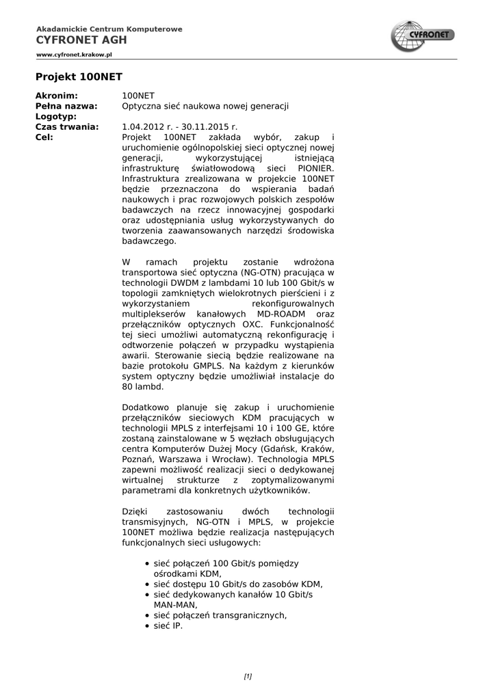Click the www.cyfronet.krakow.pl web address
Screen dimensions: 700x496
[74, 53]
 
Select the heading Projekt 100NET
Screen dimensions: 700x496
[79, 77]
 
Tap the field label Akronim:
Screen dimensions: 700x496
[57, 96]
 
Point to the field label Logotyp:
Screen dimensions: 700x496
[57, 116]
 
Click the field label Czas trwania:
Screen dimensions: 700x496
[68, 126]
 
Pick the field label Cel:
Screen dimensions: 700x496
[44, 137]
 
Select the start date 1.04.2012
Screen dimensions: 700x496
[144, 126]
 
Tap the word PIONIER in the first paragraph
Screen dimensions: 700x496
[314, 167]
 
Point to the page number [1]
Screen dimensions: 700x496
[248, 677]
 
